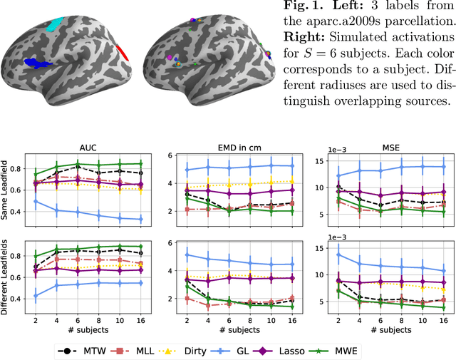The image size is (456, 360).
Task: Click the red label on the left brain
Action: coord(123,52)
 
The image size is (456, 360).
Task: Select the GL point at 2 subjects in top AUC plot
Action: coord(36,202)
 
